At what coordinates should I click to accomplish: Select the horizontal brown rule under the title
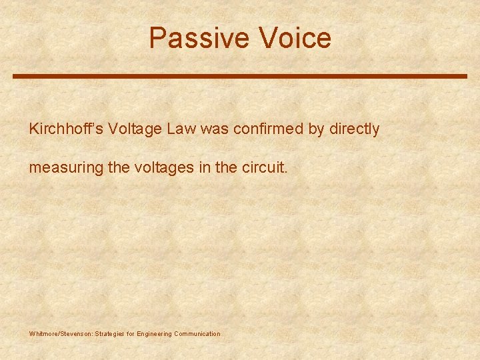pos(240,76)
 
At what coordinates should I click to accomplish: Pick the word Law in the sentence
pos(181,129)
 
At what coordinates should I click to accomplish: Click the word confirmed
pos(266,129)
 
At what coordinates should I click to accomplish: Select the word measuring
pos(65,168)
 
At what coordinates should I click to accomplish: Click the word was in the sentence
pos(213,129)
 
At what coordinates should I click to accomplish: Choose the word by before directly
pos(316,129)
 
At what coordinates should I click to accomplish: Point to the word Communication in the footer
pos(197,333)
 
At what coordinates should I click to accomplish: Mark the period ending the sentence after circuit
pos(286,172)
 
